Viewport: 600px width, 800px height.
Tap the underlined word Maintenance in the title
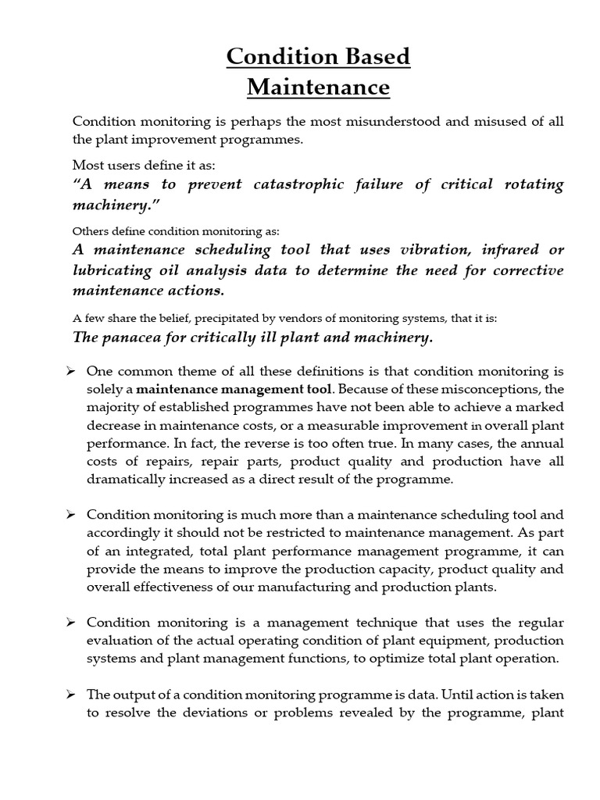tap(318, 87)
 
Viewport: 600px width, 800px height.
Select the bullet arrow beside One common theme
tap(70, 370)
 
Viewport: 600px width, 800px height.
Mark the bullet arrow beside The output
tap(70, 694)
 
